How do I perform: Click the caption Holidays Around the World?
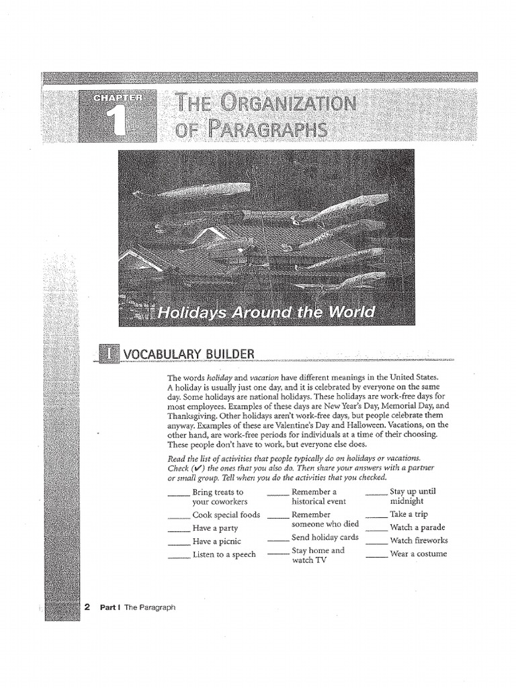pyautogui.click(x=265, y=313)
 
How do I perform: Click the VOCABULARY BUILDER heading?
pyautogui.click(x=188, y=353)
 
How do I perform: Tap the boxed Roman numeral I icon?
pyautogui.click(x=109, y=353)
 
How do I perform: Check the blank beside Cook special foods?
pyautogui.click(x=179, y=518)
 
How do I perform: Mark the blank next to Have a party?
pyautogui.click(x=179, y=531)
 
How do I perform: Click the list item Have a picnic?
pyautogui.click(x=216, y=541)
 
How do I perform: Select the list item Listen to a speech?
pyautogui.click(x=224, y=554)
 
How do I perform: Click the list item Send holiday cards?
pyautogui.click(x=325, y=537)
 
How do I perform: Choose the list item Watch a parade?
pyautogui.click(x=417, y=527)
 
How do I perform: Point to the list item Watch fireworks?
pyautogui.click(x=419, y=540)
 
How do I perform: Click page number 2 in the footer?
pyautogui.click(x=87, y=607)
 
